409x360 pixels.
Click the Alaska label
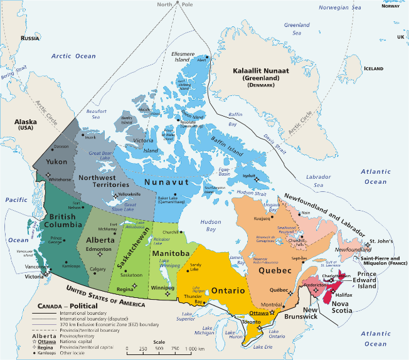tap(24, 122)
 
